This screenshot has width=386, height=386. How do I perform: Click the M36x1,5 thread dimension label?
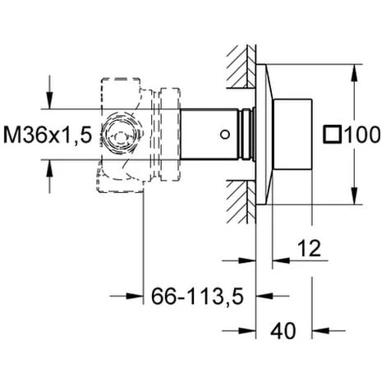click(x=48, y=135)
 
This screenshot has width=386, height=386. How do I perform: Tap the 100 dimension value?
click(x=362, y=135)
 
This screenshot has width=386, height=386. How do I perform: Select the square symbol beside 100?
click(x=333, y=135)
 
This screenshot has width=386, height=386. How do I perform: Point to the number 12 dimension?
click(x=309, y=248)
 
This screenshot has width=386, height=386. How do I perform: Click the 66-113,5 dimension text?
click(x=197, y=296)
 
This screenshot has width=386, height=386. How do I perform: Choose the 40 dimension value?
click(x=283, y=331)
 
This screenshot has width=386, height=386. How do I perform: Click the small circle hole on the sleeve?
click(x=225, y=135)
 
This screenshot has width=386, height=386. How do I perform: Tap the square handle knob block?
click(x=292, y=134)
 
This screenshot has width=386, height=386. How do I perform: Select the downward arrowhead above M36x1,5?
click(x=49, y=100)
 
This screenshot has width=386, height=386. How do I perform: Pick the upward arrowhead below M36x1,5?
click(x=49, y=168)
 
